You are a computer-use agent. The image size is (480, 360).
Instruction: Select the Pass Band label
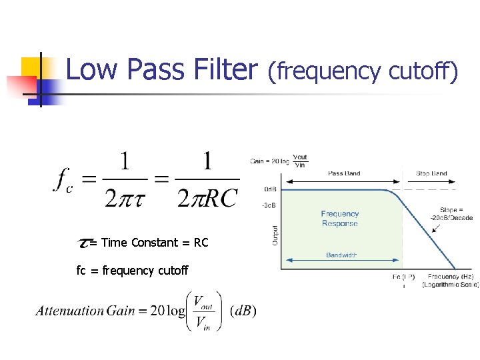pyautogui.click(x=344, y=173)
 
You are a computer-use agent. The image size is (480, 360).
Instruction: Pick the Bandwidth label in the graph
pyautogui.click(x=341, y=255)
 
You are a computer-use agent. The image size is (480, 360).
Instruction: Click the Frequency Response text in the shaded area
pyautogui.click(x=340, y=219)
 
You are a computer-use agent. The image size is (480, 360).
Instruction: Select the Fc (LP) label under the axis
pyautogui.click(x=403, y=276)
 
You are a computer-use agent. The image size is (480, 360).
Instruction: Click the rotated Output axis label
pyautogui.click(x=275, y=233)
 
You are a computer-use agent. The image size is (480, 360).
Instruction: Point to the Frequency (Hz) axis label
pyautogui.click(x=450, y=276)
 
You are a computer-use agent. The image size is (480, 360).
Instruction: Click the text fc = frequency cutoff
pyautogui.click(x=133, y=270)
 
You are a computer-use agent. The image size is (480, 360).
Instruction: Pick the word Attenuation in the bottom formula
pyautogui.click(x=70, y=311)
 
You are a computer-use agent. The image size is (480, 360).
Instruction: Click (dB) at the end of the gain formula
pyautogui.click(x=242, y=311)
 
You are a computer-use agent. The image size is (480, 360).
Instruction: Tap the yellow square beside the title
pyautogui.click(x=31, y=67)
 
